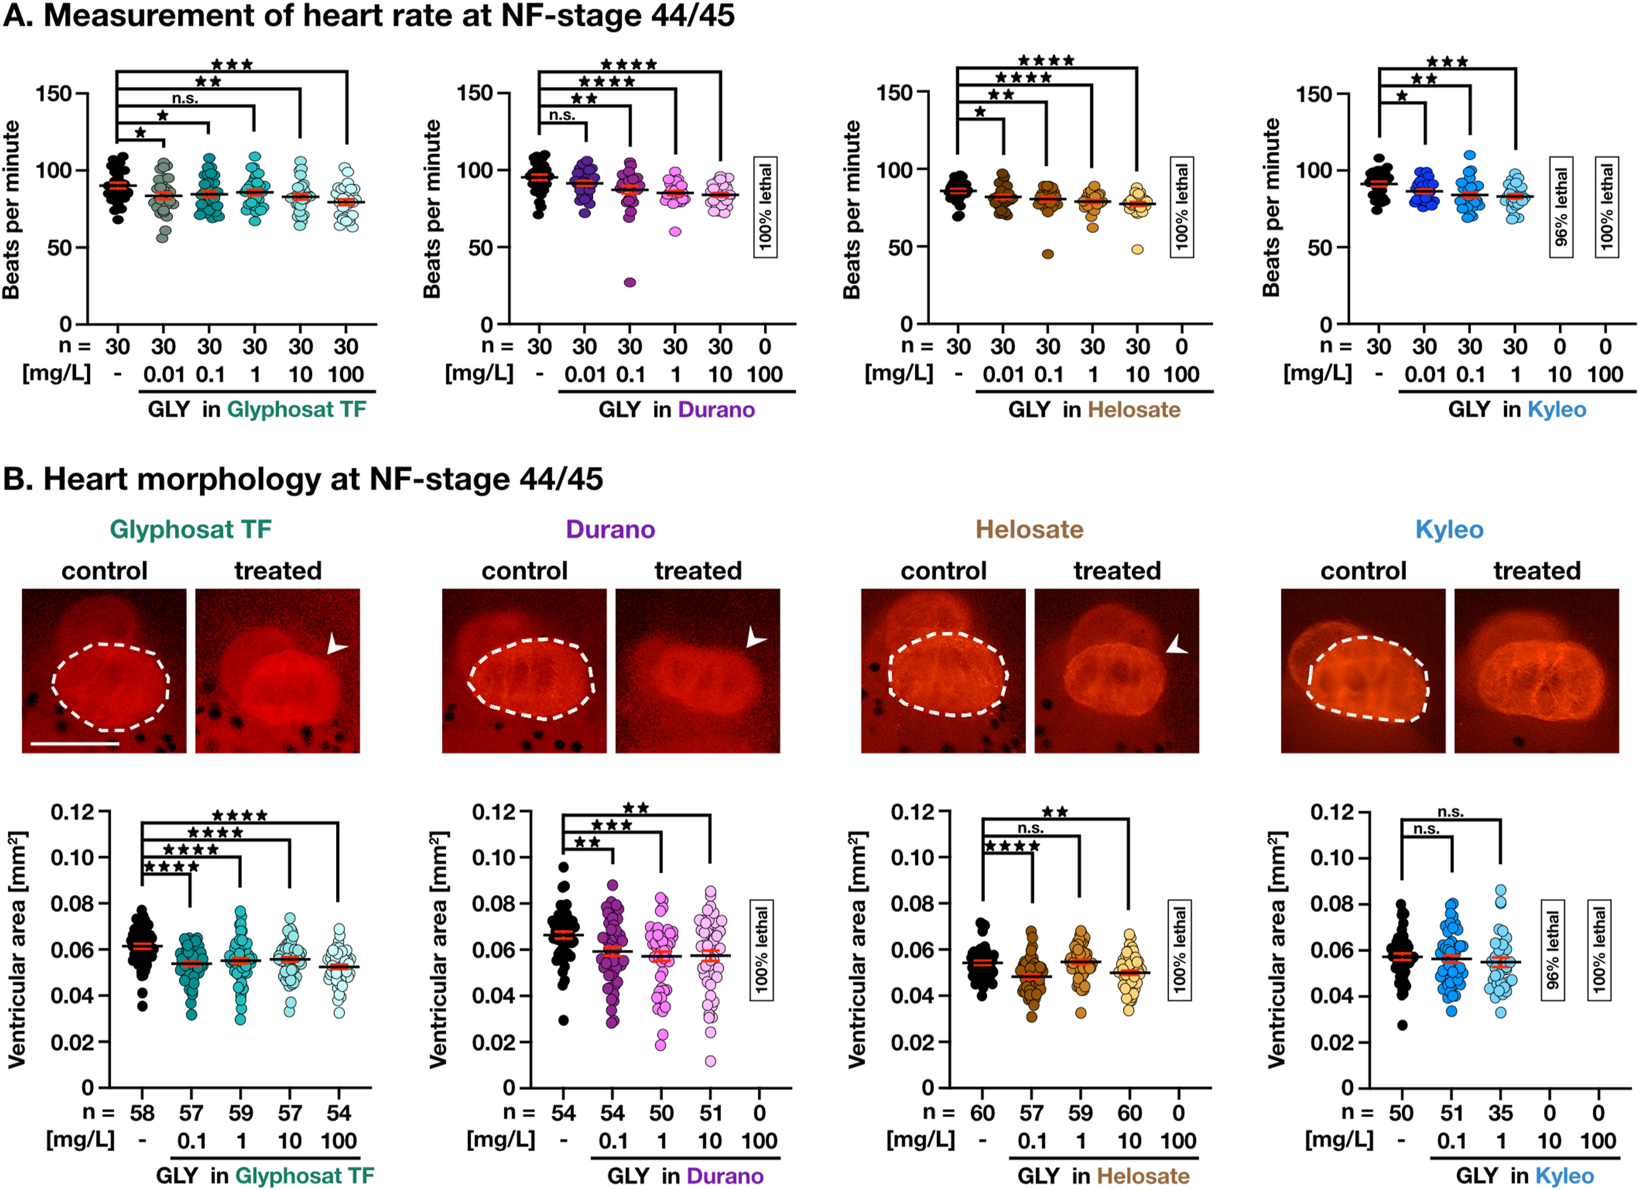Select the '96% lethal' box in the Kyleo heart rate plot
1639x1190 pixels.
coord(1561,207)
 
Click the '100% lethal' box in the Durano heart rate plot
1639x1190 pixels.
coord(765,207)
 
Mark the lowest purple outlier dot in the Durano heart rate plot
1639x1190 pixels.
coord(630,282)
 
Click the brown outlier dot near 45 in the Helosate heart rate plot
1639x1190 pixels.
coord(1048,253)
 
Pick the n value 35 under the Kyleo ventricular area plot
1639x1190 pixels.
coord(1500,1113)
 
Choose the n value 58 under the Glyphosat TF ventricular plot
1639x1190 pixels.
coord(142,1113)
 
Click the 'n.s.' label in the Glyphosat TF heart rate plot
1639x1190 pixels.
coord(185,99)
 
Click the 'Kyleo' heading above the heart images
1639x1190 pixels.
coord(1449,529)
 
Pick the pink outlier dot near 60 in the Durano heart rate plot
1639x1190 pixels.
coord(675,231)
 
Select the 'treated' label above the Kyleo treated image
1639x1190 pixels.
coord(1537,571)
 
